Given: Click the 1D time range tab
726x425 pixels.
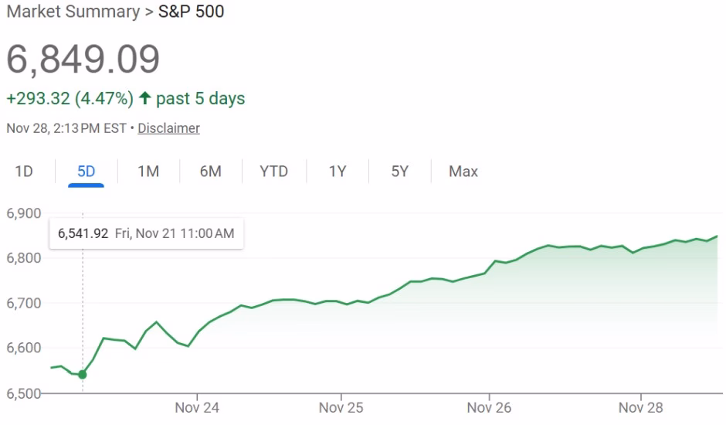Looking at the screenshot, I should pyautogui.click(x=24, y=172).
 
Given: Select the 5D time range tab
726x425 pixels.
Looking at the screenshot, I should pyautogui.click(x=86, y=172).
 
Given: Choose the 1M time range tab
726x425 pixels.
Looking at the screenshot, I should pyautogui.click(x=148, y=172).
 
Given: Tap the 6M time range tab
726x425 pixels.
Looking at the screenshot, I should pyautogui.click(x=210, y=172).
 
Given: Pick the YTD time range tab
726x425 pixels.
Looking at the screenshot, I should pyautogui.click(x=273, y=172).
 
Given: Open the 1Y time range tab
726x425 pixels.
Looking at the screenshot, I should pyautogui.click(x=338, y=172).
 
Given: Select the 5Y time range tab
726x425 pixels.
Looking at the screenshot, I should pyautogui.click(x=399, y=172).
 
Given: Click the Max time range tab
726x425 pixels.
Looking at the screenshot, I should pyautogui.click(x=463, y=172).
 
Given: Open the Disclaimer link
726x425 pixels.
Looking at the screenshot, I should pyautogui.click(x=168, y=128).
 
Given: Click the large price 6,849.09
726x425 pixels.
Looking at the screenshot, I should pyautogui.click(x=83, y=59).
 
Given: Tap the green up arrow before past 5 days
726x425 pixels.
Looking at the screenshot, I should pyautogui.click(x=144, y=99).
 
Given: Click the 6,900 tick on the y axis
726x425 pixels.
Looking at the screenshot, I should pyautogui.click(x=23, y=213).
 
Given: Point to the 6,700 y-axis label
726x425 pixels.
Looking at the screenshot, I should pyautogui.click(x=23, y=303).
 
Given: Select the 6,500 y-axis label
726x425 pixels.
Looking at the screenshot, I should pyautogui.click(x=23, y=393).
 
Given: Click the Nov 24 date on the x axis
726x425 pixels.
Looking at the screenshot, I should pyautogui.click(x=197, y=406).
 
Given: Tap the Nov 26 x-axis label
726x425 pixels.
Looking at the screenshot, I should pyautogui.click(x=490, y=406).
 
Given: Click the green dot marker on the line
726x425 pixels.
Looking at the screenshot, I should pyautogui.click(x=83, y=375).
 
